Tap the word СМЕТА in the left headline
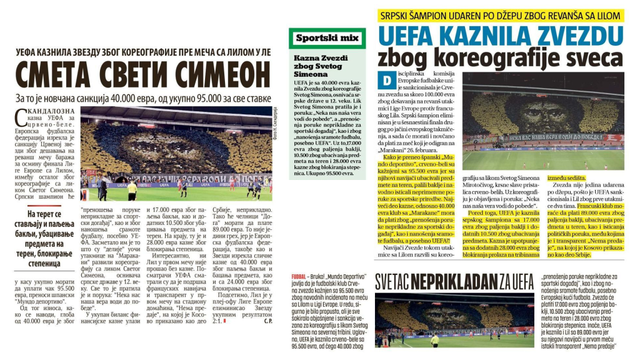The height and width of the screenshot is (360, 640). tap(52, 74)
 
